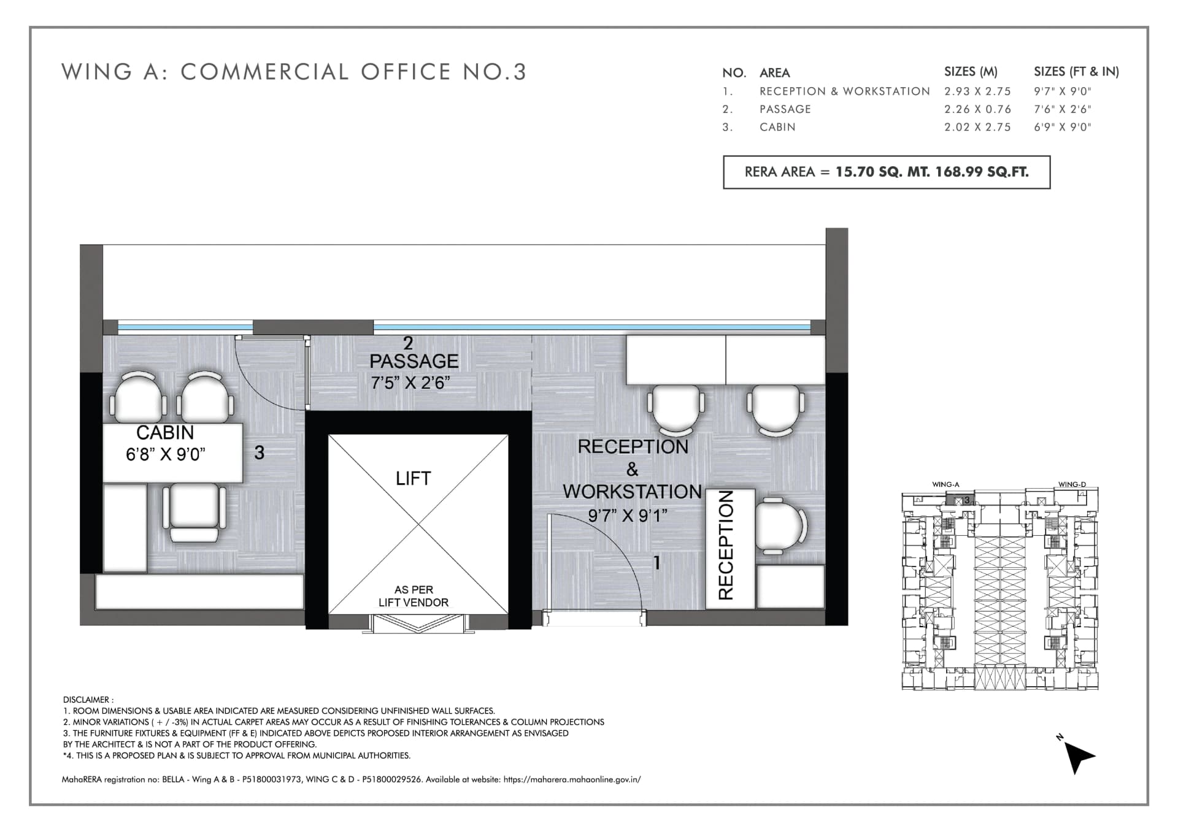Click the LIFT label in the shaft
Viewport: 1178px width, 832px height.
click(413, 478)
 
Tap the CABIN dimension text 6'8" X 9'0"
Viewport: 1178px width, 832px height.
click(166, 454)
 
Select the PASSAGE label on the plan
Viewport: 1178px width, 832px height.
click(414, 361)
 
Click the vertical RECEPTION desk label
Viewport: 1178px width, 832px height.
click(726, 545)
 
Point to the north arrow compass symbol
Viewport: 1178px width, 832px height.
click(1077, 755)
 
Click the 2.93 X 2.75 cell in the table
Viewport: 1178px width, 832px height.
click(977, 91)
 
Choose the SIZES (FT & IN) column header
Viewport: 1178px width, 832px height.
click(1076, 72)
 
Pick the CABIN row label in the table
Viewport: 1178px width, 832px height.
click(777, 127)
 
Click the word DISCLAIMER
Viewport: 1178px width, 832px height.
click(87, 700)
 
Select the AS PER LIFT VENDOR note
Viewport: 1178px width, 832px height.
click(414, 596)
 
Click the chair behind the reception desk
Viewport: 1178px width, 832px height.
click(780, 526)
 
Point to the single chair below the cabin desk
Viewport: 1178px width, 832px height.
click(194, 513)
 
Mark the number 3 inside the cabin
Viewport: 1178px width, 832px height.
click(260, 452)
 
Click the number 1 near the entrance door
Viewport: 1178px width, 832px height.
click(657, 562)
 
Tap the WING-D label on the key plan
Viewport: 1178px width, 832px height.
click(1072, 484)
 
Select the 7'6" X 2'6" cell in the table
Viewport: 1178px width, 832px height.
click(1063, 109)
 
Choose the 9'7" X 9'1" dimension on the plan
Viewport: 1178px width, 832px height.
click(628, 516)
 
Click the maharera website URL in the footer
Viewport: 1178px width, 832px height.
click(572, 780)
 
